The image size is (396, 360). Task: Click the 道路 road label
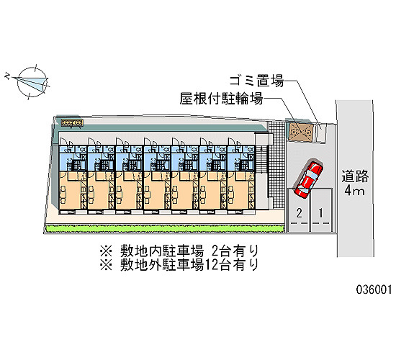[x=355, y=176]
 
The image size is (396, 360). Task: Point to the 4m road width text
[x=354, y=191]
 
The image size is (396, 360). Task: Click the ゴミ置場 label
[x=256, y=81]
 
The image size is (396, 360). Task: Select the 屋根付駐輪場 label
[x=221, y=98]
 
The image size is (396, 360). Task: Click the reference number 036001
[x=374, y=289]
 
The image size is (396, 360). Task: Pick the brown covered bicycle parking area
[x=301, y=132]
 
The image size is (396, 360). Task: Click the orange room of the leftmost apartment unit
[x=73, y=191]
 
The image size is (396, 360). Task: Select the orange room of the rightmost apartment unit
[x=241, y=191]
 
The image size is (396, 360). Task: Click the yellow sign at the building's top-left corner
[x=72, y=123]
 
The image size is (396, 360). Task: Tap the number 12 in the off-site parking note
[x=212, y=265]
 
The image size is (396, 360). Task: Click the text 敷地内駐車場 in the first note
[x=161, y=251]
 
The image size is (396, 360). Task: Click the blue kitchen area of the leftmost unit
[x=73, y=158]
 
